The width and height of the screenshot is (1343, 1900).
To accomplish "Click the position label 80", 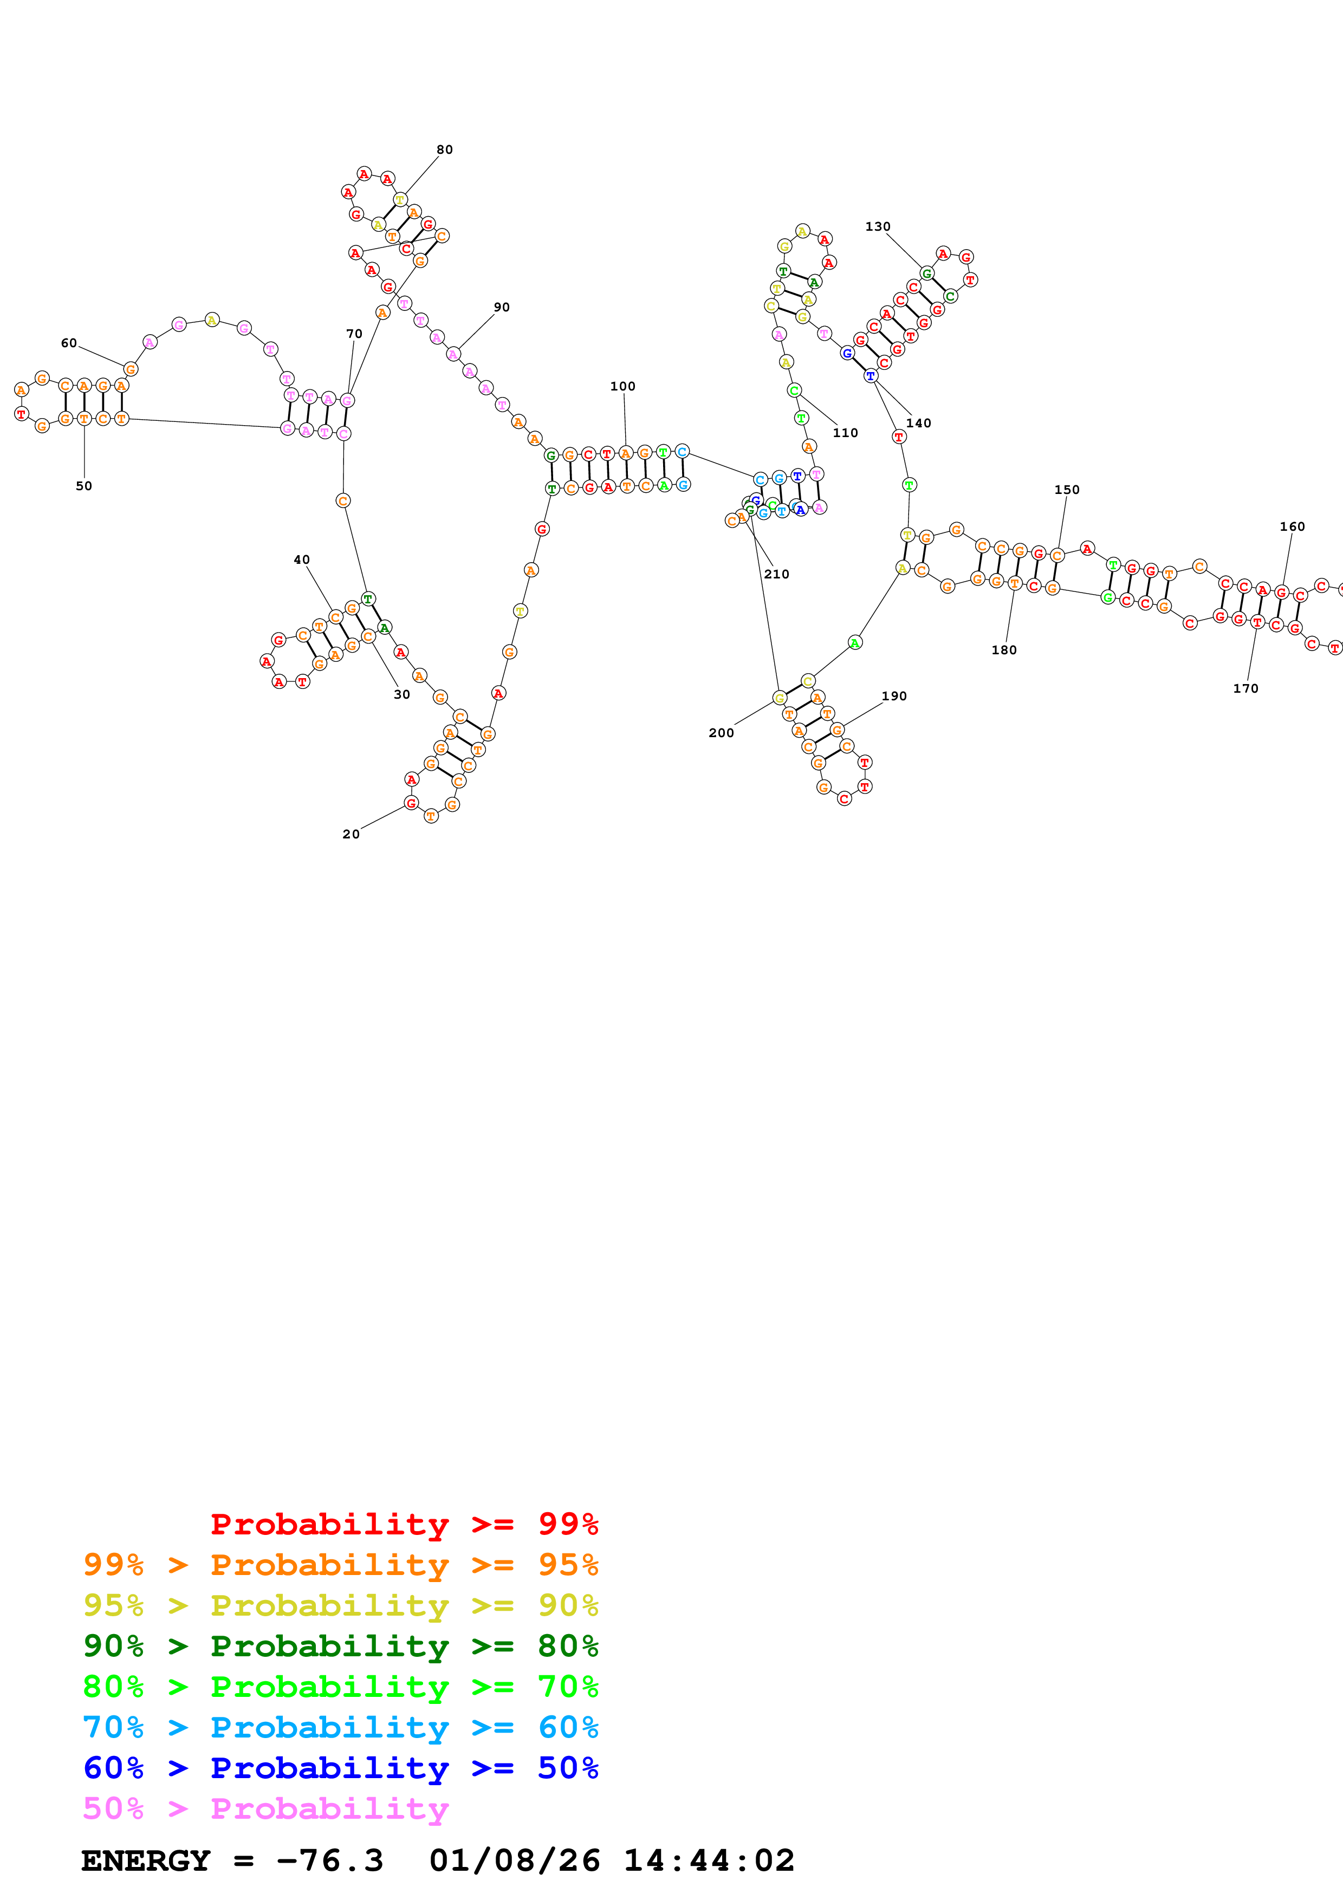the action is [x=444, y=150].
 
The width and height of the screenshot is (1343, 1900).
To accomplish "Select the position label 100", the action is [x=622, y=387].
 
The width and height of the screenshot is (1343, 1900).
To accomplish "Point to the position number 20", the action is [x=351, y=834].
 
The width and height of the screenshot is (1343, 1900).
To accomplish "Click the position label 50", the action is [x=83, y=486].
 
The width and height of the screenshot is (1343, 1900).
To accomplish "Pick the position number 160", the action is [x=1292, y=526].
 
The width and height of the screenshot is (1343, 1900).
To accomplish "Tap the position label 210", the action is [x=776, y=574].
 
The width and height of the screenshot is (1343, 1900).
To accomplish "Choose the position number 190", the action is [x=894, y=696].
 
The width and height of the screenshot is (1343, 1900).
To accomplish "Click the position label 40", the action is [x=301, y=560].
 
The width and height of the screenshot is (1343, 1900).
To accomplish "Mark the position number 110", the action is [x=845, y=433].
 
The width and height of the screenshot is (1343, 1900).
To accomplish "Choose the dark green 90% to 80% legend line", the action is [x=340, y=1646].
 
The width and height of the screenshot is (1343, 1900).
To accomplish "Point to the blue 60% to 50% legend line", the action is [x=340, y=1768].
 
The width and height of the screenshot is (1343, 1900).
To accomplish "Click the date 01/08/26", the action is [x=514, y=1860].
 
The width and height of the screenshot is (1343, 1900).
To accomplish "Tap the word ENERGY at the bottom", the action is [x=146, y=1860].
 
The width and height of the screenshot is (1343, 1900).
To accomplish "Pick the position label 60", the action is [x=69, y=343].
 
